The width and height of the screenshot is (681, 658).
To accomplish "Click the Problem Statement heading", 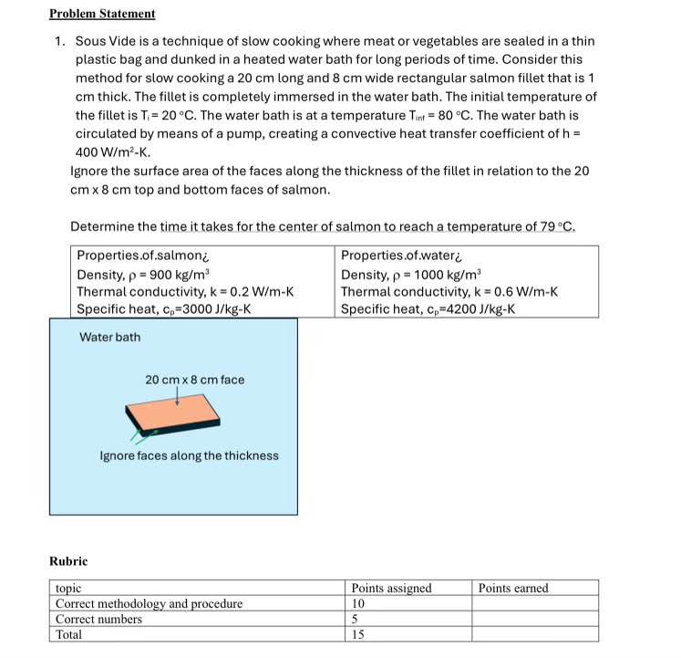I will tap(102, 14).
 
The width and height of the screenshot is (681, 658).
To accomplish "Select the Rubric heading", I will tap(68, 560).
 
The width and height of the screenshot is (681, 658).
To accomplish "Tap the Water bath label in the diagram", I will tap(110, 337).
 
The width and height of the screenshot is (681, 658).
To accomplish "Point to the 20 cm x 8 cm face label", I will tap(194, 380).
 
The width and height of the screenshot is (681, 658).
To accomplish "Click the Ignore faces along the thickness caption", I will tap(189, 455).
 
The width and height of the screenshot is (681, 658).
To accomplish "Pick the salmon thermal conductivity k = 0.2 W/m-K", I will tap(185, 292).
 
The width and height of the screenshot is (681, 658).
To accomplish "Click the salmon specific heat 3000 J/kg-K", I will tap(164, 309).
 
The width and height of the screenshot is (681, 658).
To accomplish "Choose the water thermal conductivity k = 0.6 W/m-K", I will tap(449, 292).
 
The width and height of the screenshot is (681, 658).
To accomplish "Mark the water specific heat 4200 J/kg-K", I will tap(428, 309).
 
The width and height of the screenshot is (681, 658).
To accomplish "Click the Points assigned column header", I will tap(391, 589).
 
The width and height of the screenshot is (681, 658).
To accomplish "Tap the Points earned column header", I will tap(513, 589).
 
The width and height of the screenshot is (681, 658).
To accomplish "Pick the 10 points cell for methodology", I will tap(358, 604).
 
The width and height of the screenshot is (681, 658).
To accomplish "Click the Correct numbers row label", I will tap(98, 619).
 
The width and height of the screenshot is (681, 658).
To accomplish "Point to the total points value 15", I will tap(358, 634).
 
